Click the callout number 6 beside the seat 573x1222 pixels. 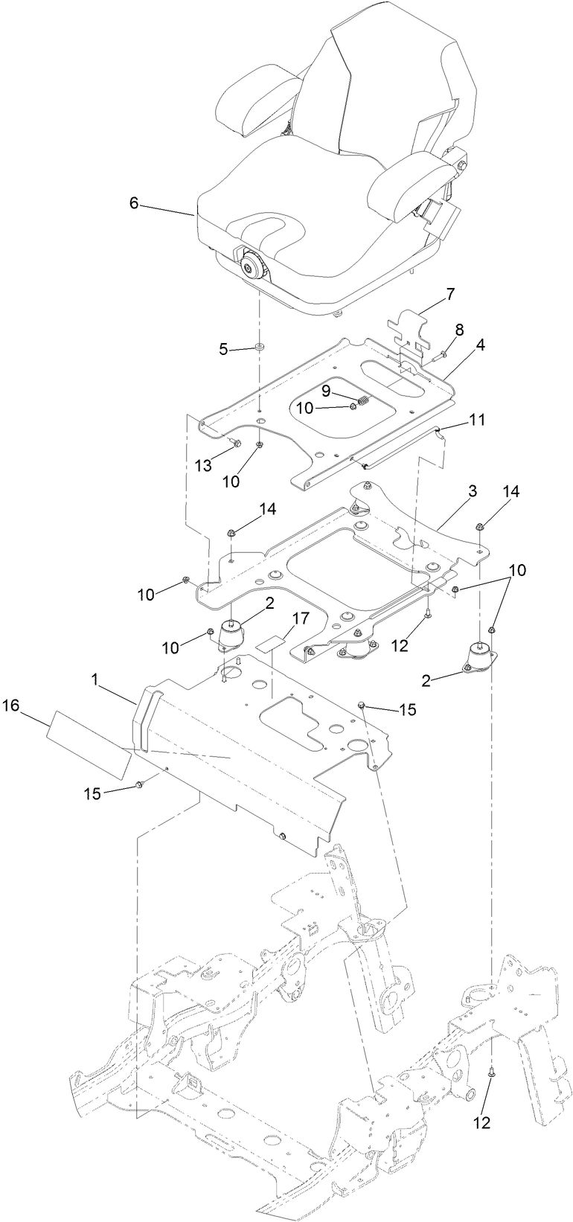click(x=134, y=203)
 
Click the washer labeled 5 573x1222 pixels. click(x=260, y=347)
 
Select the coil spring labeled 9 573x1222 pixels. click(x=364, y=403)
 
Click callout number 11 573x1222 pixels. click(x=477, y=420)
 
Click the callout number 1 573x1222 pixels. click(x=95, y=679)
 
